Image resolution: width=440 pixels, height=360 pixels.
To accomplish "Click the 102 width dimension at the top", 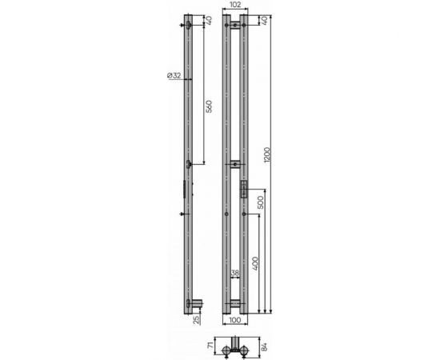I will (x=235, y=5).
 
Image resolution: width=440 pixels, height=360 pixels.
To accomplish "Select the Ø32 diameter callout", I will (x=174, y=75).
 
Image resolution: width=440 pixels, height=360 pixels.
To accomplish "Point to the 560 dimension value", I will (x=209, y=107).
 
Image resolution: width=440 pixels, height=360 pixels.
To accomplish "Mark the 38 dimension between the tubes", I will (x=235, y=274).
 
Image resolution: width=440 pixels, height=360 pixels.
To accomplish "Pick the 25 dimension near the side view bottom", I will (x=197, y=320).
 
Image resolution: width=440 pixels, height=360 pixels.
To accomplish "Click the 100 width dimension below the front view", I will (x=235, y=321).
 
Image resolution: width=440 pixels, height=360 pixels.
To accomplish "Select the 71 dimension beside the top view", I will (x=210, y=346).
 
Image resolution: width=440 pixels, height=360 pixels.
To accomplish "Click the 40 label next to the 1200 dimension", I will (x=263, y=19).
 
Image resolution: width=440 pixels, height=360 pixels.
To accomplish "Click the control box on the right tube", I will (x=242, y=189).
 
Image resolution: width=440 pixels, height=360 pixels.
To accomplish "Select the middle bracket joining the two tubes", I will (x=235, y=165).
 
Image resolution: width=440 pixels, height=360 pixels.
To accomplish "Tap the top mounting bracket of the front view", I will (x=235, y=26).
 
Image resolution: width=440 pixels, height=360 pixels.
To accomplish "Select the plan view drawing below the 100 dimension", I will (x=235, y=346).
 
